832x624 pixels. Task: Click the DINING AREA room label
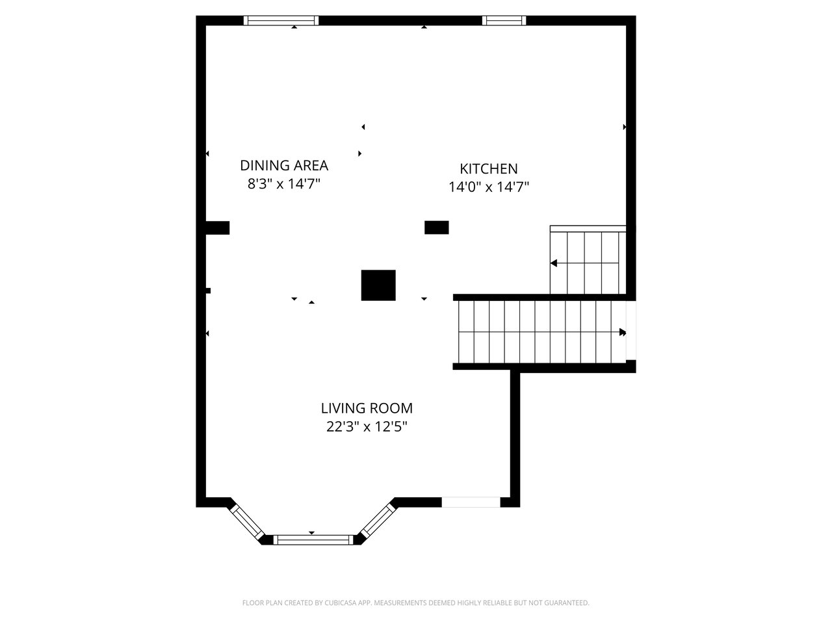[x=284, y=166]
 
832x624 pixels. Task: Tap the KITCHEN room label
[x=489, y=168]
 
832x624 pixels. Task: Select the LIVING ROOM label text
[x=367, y=408]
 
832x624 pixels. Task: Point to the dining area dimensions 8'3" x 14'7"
[x=284, y=184]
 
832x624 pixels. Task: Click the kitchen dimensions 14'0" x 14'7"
[x=489, y=187]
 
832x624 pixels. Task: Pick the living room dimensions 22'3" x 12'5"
[x=367, y=427]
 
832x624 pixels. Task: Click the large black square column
[x=378, y=285]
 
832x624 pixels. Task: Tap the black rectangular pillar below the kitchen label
[x=437, y=227]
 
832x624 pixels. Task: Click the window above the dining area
[x=281, y=20]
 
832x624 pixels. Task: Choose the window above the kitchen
[x=504, y=20]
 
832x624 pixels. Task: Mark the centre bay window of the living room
[x=313, y=540]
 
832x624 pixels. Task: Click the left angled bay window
[x=248, y=523]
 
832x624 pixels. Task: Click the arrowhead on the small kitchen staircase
[x=554, y=263]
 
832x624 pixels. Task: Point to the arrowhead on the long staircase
[x=623, y=332]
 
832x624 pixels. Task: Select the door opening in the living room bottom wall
[x=471, y=502]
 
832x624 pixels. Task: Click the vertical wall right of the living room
[x=515, y=439]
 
